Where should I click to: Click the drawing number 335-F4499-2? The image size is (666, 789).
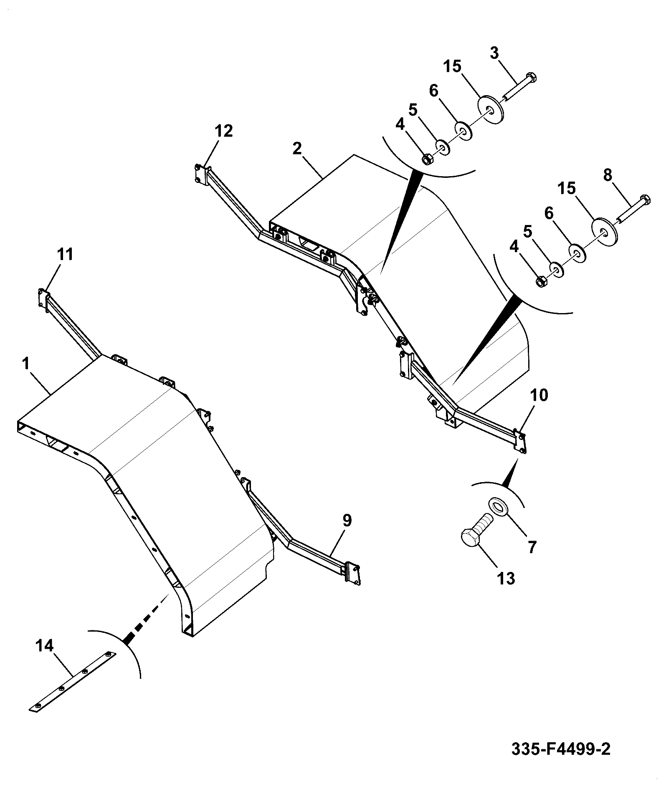point(561,749)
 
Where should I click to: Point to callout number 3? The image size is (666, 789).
point(494,54)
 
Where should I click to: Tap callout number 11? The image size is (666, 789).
point(65,254)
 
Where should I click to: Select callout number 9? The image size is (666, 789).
point(347,520)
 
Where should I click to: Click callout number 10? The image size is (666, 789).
point(539,395)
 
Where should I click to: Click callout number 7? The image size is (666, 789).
point(531,547)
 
